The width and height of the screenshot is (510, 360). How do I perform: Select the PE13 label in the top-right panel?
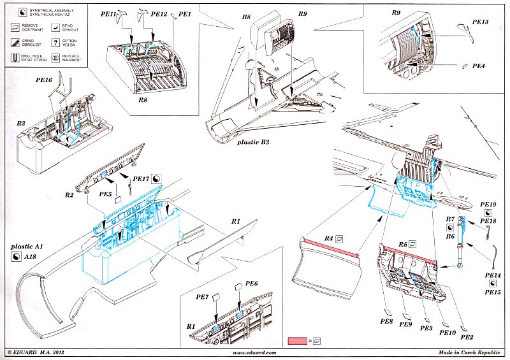click(481, 22)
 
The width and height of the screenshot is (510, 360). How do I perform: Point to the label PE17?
click(141, 180)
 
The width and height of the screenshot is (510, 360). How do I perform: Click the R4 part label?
click(329, 238)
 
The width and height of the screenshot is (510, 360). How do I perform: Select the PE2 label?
click(466, 336)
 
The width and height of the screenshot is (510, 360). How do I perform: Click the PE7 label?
click(203, 297)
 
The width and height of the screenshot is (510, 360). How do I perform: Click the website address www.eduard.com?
click(254, 353)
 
